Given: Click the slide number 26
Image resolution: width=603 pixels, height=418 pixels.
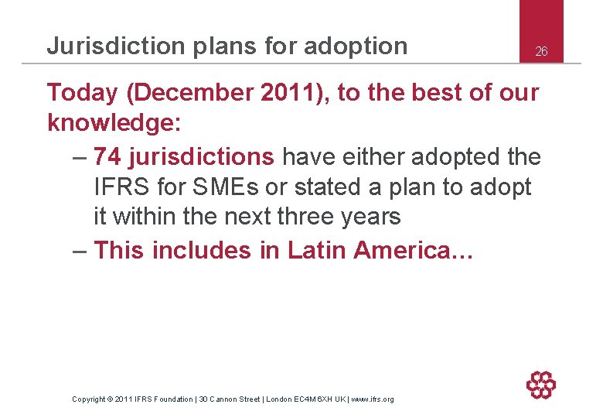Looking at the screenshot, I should click(541, 52).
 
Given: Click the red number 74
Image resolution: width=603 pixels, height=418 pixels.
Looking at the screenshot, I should click(107, 156).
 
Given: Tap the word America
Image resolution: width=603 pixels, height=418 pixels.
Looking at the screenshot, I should click(410, 250).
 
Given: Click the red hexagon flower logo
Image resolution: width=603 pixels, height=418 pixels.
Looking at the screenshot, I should click(541, 385).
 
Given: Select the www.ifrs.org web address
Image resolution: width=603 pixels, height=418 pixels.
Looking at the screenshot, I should click(373, 399).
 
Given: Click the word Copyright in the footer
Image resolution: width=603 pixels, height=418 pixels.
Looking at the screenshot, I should click(89, 399).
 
